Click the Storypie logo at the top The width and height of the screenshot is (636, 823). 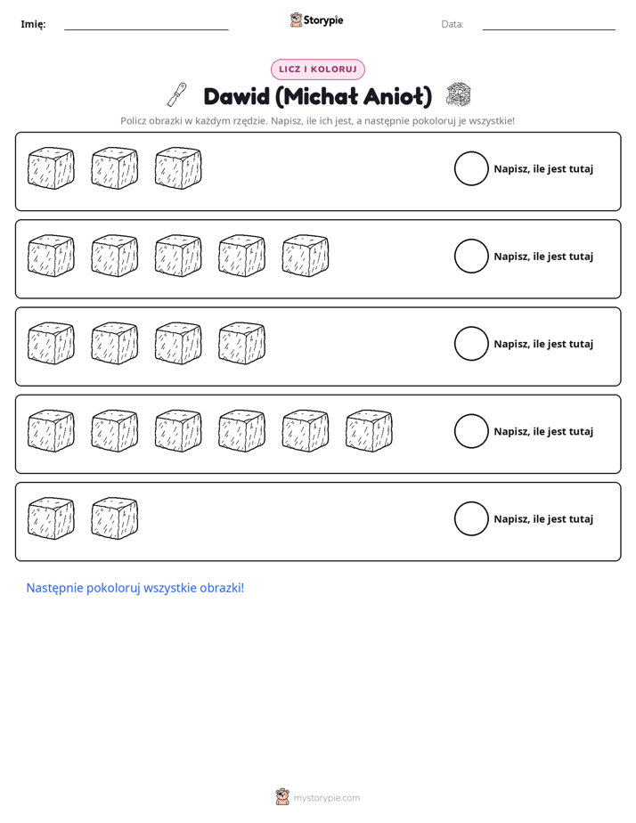click(x=316, y=20)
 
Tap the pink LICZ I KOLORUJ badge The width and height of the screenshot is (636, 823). click(x=317, y=69)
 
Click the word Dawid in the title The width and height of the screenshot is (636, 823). click(x=236, y=96)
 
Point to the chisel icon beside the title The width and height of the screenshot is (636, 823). click(x=177, y=94)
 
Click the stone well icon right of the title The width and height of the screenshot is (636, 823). click(x=458, y=94)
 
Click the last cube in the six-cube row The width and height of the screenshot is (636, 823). click(x=369, y=431)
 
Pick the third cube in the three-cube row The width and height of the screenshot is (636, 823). click(x=178, y=168)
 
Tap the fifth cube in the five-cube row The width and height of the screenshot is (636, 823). click(x=306, y=256)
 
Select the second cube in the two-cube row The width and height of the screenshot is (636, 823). click(x=114, y=518)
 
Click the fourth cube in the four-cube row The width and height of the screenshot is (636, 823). click(x=242, y=343)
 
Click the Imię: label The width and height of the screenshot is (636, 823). click(x=33, y=24)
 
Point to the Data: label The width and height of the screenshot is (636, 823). click(x=453, y=24)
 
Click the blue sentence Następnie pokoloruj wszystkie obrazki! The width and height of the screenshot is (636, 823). click(x=135, y=588)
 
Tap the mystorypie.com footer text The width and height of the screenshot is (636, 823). click(x=326, y=798)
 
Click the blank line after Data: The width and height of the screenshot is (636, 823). click(x=549, y=29)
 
